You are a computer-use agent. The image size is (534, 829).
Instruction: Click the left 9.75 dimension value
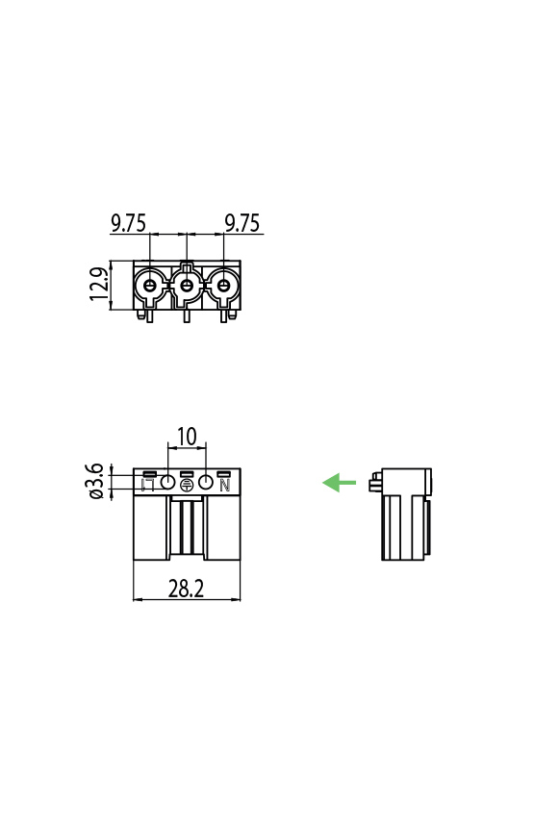[x=128, y=223]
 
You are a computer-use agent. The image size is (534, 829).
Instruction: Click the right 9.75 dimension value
[x=242, y=223]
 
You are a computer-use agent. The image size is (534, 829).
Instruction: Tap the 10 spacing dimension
[x=187, y=437]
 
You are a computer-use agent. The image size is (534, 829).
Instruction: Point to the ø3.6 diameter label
[x=95, y=481]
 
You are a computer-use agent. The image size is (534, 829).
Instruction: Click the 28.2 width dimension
[x=187, y=589]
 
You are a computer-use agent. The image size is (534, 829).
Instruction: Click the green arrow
[x=339, y=482]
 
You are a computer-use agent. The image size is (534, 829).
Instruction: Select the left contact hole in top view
[x=149, y=286]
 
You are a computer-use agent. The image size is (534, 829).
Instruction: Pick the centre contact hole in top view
[x=187, y=286]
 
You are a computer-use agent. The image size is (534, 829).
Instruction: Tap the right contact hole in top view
[x=224, y=286]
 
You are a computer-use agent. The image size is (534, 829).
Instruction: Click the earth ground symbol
[x=187, y=486]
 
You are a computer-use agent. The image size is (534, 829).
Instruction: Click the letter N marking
[x=225, y=486]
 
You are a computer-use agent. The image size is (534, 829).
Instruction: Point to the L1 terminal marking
[x=148, y=486]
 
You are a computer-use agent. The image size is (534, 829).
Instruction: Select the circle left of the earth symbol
[x=167, y=483]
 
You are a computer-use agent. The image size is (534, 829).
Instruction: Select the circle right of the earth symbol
[x=205, y=483]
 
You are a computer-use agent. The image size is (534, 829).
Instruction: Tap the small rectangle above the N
[x=224, y=474]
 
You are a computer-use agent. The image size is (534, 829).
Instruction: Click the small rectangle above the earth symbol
[x=187, y=474]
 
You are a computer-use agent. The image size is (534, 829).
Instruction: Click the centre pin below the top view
[x=187, y=315]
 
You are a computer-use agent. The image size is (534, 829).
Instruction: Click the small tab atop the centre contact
[x=187, y=265]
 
